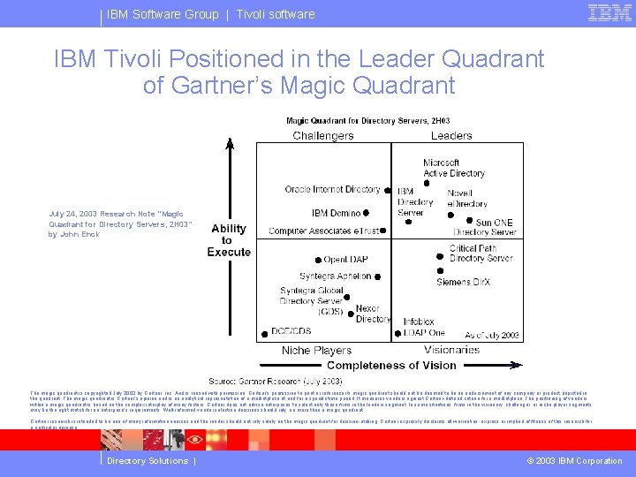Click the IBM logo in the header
tap(609, 13)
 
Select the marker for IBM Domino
tap(367, 213)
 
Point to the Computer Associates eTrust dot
tap(385, 231)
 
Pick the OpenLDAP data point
tap(317, 260)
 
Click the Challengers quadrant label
tap(323, 135)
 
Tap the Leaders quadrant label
tap(451, 135)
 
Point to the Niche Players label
tap(316, 351)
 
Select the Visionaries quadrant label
tap(451, 351)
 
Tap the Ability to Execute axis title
tap(229, 240)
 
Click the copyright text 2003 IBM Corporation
tap(575, 461)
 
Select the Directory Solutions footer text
tap(148, 461)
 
